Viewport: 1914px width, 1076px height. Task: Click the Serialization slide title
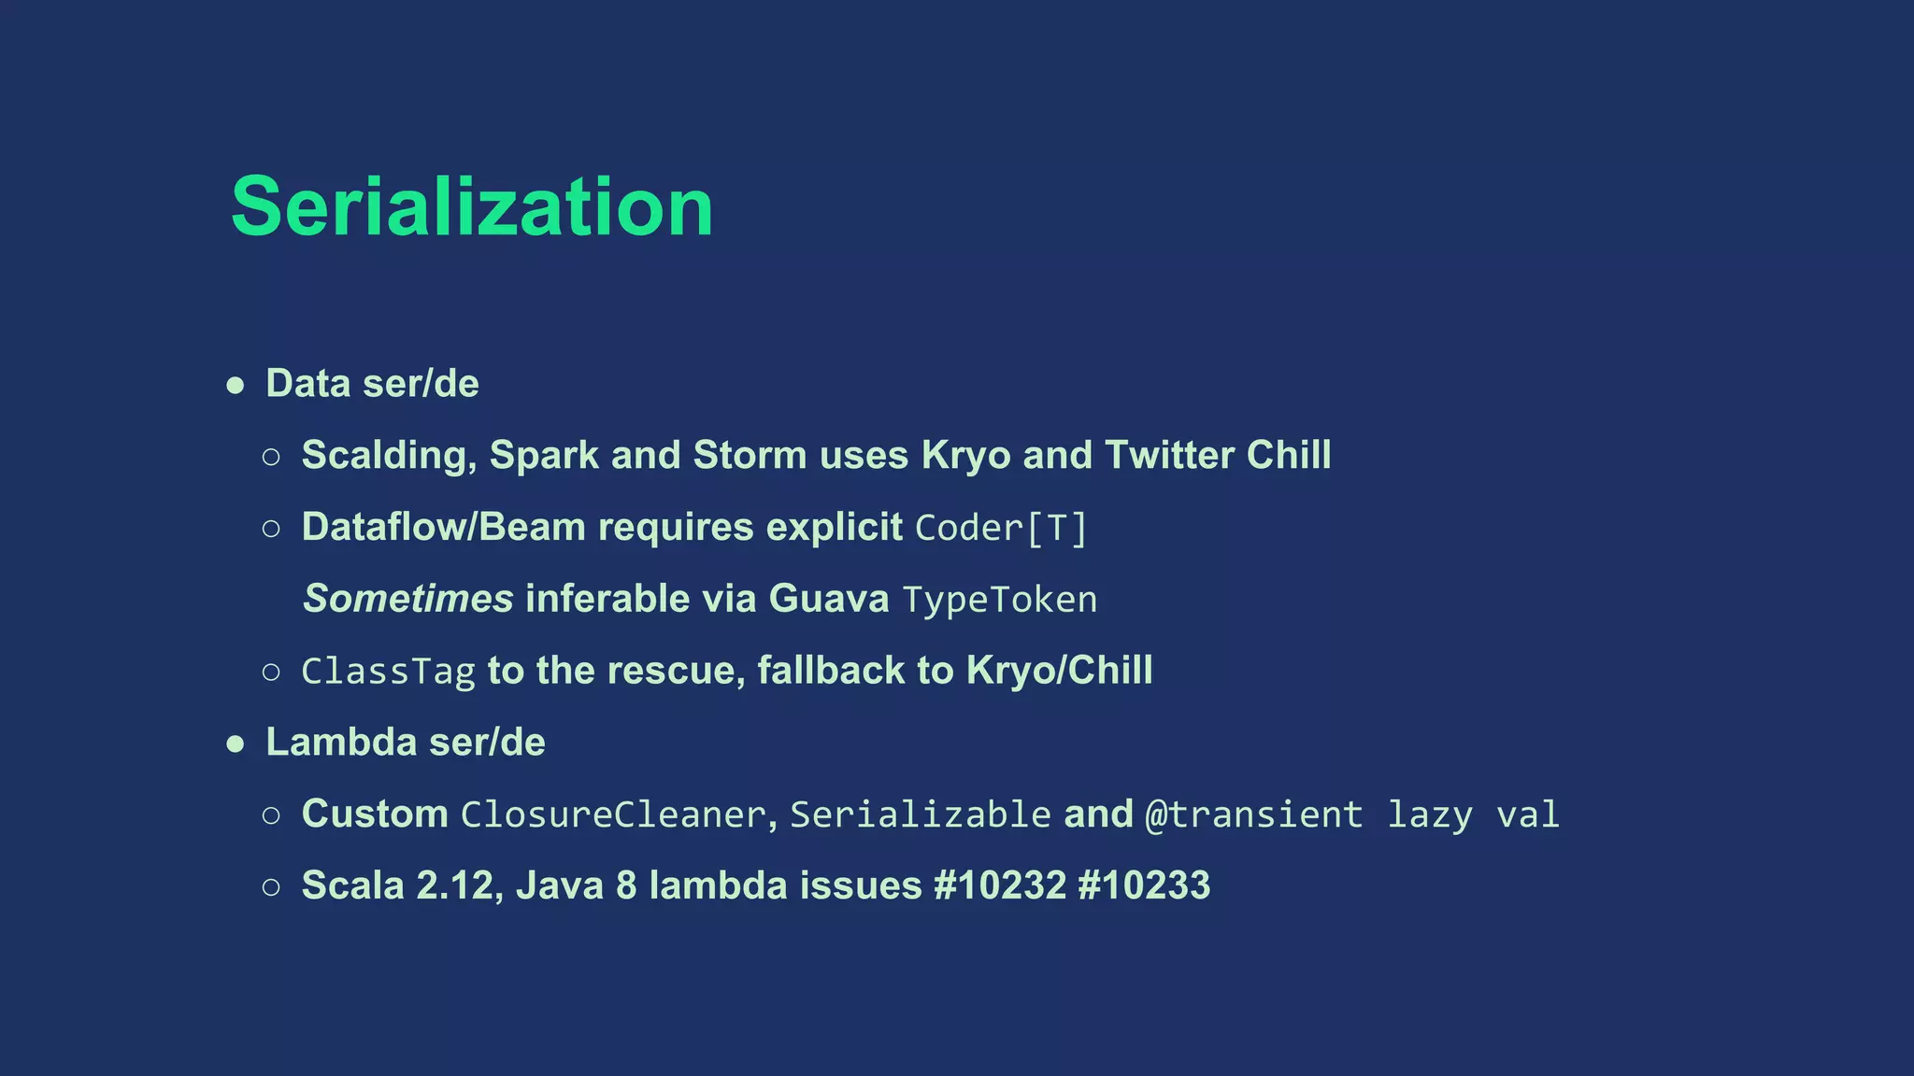(x=472, y=206)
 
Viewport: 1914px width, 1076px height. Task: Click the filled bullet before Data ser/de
(x=236, y=385)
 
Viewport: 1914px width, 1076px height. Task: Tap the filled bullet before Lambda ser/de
(x=236, y=743)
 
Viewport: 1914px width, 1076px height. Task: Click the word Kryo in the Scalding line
(x=965, y=456)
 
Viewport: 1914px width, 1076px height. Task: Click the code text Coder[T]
(x=1001, y=528)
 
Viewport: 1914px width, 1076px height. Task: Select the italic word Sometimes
(x=408, y=599)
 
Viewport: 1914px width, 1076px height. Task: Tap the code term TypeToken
(x=1000, y=600)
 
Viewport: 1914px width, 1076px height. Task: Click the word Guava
(x=828, y=599)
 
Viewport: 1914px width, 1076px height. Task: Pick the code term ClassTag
(x=389, y=672)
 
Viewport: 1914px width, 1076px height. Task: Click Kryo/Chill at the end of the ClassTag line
(x=1059, y=671)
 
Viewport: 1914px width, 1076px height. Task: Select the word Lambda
(x=341, y=743)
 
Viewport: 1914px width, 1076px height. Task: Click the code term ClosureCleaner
(x=614, y=814)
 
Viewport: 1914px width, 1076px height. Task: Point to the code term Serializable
(x=921, y=814)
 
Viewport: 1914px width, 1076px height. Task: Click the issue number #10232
(x=1000, y=885)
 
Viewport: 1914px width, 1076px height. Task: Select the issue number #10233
(x=1144, y=885)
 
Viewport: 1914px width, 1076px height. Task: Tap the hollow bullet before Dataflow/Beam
(x=271, y=529)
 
